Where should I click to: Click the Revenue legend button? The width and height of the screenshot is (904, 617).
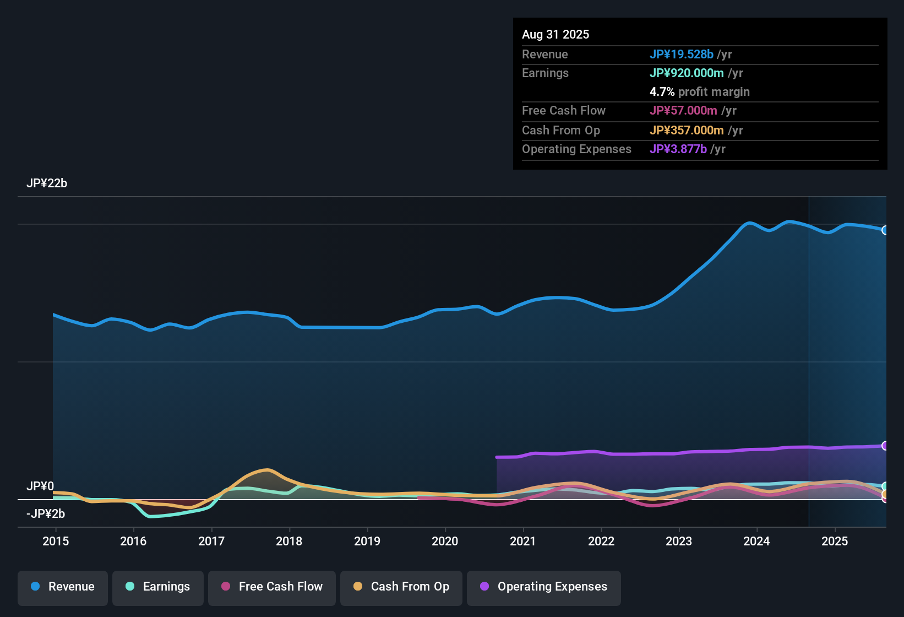click(x=63, y=587)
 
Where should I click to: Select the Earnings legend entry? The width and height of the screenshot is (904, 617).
click(x=158, y=587)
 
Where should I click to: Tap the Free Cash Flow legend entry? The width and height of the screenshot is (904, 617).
click(x=272, y=587)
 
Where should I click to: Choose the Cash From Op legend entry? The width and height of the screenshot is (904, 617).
click(x=401, y=587)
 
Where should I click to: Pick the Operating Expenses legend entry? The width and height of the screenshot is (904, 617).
click(x=544, y=587)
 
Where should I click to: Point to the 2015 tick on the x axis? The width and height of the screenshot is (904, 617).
click(x=56, y=541)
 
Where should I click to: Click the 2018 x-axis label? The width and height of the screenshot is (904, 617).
click(x=289, y=541)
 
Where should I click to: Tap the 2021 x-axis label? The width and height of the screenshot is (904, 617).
click(x=522, y=541)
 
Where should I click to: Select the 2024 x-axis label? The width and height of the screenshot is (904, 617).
click(x=756, y=541)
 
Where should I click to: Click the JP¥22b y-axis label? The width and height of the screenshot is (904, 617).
click(x=47, y=183)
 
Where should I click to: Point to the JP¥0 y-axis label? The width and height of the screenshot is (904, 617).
click(x=40, y=486)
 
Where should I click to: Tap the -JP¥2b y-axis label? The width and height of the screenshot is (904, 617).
click(x=46, y=514)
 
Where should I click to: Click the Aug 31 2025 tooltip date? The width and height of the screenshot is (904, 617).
click(x=556, y=34)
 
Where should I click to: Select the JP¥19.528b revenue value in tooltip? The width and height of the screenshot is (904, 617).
click(x=682, y=54)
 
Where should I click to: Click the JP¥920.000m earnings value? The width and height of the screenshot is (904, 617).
click(x=687, y=73)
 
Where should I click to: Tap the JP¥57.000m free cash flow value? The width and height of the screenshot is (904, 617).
click(x=683, y=110)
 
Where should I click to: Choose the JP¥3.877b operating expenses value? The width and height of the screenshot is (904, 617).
click(x=678, y=149)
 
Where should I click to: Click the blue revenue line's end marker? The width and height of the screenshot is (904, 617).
click(x=885, y=230)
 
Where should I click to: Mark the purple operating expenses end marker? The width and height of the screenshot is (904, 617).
click(x=885, y=446)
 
